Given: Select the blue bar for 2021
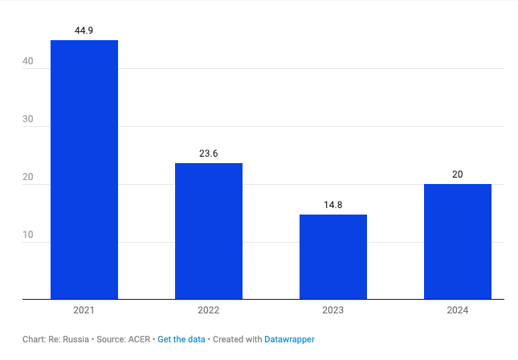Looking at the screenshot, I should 84,169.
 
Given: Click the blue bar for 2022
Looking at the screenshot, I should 209,231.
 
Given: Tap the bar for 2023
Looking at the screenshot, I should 333,256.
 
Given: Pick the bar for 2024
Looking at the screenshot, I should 458,241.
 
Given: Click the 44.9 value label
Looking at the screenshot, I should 84,31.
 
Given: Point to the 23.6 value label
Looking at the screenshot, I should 209,153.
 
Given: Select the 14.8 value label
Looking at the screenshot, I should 333,205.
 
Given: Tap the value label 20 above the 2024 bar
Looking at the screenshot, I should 458,174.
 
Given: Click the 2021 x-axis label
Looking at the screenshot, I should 84,310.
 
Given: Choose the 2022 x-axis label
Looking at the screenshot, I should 209,310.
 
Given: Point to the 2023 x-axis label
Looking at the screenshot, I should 333,310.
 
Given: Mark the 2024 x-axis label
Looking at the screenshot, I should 458,310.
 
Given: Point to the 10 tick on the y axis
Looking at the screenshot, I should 28,235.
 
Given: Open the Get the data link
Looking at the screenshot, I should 182,340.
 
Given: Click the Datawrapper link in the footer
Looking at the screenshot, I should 289,340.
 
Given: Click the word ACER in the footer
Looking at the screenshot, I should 139,340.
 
